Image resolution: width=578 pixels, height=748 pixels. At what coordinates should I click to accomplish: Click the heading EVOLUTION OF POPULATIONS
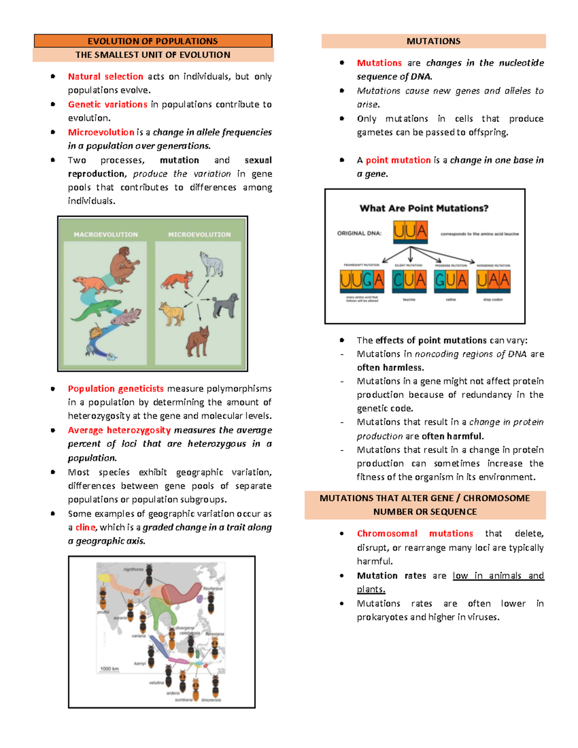153,41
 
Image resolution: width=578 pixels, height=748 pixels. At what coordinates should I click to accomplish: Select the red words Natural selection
105,77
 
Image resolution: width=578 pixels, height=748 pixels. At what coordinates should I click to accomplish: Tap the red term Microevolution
101,132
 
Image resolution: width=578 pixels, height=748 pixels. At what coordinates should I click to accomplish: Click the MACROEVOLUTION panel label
105,235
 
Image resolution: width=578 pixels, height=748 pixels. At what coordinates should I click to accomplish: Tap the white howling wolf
211,263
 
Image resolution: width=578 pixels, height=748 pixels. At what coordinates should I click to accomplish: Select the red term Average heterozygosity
119,430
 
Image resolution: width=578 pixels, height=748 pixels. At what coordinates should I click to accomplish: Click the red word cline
85,527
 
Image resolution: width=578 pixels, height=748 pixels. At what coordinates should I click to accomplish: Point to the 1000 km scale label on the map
109,669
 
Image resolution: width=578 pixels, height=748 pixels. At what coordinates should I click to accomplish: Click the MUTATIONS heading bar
433,41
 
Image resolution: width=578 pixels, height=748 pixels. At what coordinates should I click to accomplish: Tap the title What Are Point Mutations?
424,208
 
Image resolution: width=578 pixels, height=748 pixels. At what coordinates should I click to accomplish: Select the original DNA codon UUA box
410,232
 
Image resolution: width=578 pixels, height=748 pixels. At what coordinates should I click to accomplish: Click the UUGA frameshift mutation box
361,280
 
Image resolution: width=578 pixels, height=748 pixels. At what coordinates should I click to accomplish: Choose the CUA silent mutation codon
409,280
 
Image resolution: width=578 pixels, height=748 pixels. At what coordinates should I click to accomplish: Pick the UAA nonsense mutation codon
493,280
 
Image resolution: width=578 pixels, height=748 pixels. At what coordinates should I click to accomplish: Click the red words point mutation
398,160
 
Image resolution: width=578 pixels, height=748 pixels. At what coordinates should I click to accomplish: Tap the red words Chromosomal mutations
414,534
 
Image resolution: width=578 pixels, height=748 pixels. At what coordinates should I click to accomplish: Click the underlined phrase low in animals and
498,576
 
